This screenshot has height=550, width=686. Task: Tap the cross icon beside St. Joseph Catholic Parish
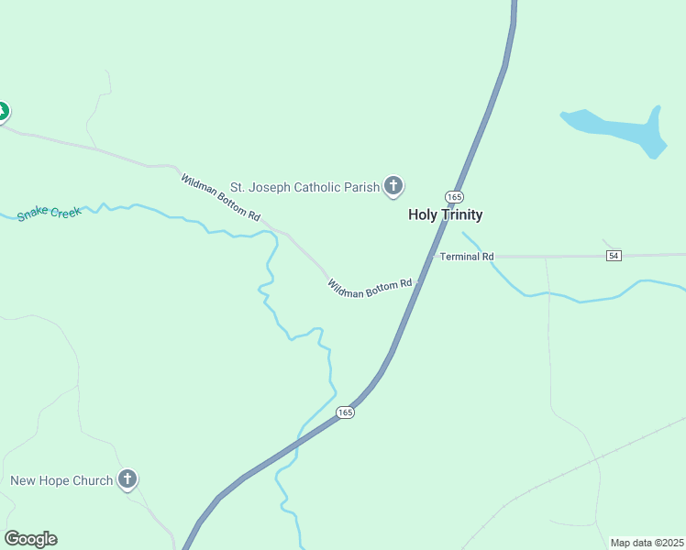click(x=393, y=187)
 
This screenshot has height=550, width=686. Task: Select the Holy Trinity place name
click(x=445, y=214)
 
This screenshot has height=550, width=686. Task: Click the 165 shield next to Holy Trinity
click(x=454, y=197)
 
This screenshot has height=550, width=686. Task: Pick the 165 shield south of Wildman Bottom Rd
click(x=345, y=412)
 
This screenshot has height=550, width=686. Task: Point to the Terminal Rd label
click(x=467, y=257)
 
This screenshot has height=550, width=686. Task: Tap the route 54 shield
click(x=614, y=256)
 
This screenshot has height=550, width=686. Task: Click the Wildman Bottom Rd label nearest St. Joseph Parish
click(x=220, y=196)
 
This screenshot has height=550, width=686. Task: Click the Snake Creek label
click(x=49, y=214)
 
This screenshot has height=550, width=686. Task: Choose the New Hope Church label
click(x=61, y=480)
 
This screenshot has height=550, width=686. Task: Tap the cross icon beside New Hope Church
click(x=127, y=479)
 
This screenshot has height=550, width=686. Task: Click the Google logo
click(x=30, y=539)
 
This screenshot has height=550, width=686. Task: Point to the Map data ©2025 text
click(x=647, y=543)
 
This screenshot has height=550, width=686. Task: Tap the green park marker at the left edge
click(x=2, y=112)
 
